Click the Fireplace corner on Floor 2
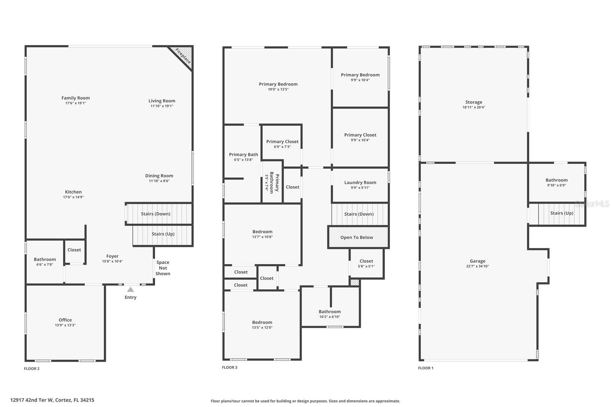[x=183, y=56]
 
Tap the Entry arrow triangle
[x=131, y=289]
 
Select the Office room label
[x=65, y=320]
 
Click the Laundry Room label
[x=360, y=183]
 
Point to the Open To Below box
[x=357, y=237]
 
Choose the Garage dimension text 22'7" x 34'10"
[x=477, y=266]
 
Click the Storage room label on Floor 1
[x=474, y=102]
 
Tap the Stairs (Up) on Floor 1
[x=561, y=213]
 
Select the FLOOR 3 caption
[x=230, y=367]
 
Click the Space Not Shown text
[x=163, y=268]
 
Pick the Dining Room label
[x=159, y=176]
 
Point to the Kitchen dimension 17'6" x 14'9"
[x=73, y=197]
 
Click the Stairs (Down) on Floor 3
[x=359, y=214]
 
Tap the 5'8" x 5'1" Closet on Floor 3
[x=366, y=263]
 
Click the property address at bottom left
[x=52, y=400]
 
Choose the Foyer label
[x=112, y=256]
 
